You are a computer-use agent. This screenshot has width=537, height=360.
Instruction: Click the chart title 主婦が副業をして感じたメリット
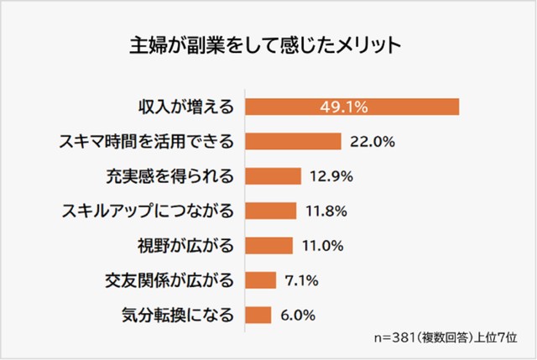[x=268, y=43]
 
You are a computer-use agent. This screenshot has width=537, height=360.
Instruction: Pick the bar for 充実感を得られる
[x=273, y=176]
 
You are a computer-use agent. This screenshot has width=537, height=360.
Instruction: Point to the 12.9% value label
[x=330, y=176]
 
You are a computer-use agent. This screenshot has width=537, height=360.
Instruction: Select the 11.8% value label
[x=325, y=211]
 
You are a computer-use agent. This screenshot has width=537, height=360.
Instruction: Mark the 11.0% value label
[x=321, y=246]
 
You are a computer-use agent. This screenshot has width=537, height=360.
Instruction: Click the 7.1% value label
[x=301, y=280]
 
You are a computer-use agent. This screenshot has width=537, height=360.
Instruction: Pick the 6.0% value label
[x=298, y=316]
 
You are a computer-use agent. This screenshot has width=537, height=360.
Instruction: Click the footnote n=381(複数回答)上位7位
[x=445, y=340]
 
